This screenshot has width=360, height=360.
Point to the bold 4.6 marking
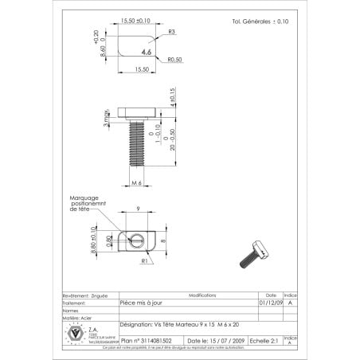(146, 51)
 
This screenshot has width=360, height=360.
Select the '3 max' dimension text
(105, 120)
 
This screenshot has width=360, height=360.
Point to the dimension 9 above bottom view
(138, 209)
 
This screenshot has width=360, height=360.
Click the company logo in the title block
(77, 335)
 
